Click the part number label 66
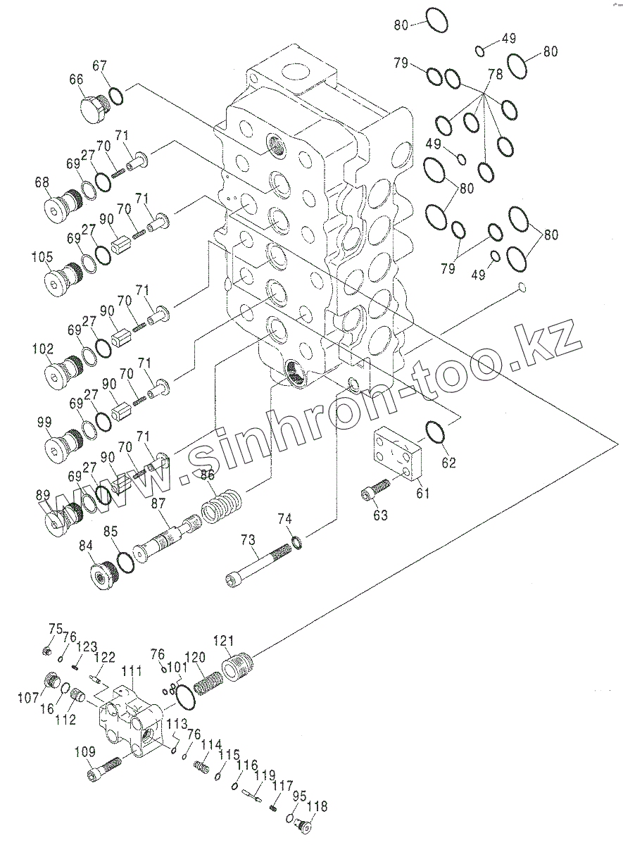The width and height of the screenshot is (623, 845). click(76, 80)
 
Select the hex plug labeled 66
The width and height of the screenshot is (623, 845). click(93, 109)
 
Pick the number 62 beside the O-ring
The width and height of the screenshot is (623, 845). click(448, 463)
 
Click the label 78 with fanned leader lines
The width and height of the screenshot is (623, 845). click(495, 74)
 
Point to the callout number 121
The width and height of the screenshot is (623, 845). click(222, 640)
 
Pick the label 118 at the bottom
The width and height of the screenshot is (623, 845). click(317, 807)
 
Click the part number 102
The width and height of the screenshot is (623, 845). click(43, 348)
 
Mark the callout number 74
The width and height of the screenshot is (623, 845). click(284, 520)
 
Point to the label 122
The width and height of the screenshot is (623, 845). click(104, 657)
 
